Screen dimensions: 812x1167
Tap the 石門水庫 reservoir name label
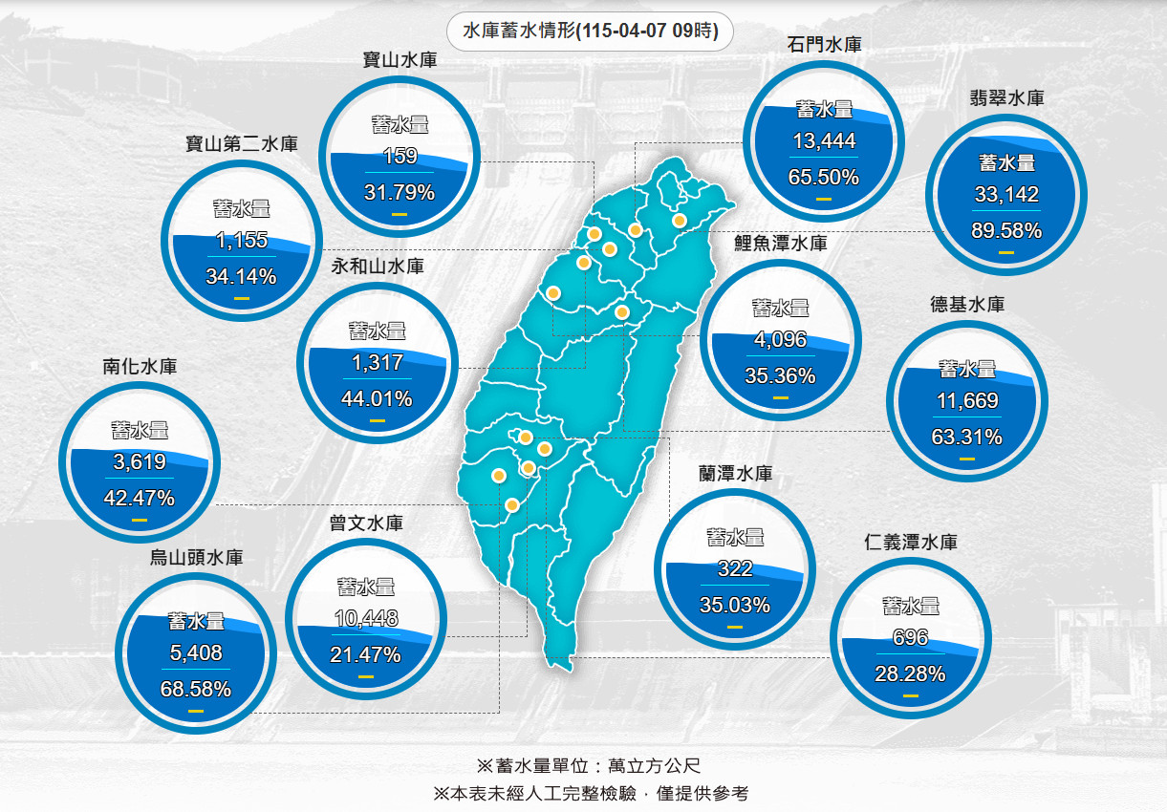[x=826, y=44]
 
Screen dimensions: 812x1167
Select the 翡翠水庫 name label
[x=1005, y=97]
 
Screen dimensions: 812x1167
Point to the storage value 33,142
[x=1006, y=195]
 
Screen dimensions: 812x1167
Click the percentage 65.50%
[x=824, y=177]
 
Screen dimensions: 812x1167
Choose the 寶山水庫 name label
[x=400, y=59]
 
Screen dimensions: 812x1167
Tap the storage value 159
[x=400, y=156]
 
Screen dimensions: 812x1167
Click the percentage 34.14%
[x=241, y=277]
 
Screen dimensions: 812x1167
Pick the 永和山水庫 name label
[x=377, y=267]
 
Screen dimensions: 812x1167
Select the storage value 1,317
[x=378, y=363]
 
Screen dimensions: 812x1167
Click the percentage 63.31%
[x=966, y=438]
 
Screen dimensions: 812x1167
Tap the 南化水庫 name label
[x=140, y=366]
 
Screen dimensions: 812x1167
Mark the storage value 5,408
[x=195, y=653]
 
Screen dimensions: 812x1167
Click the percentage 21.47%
[x=365, y=655]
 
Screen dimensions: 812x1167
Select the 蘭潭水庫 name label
[x=735, y=473]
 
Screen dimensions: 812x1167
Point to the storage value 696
[x=910, y=638]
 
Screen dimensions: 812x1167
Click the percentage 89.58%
[x=1005, y=230]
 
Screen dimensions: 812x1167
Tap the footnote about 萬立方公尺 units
[x=589, y=765]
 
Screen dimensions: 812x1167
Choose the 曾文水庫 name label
[x=365, y=524]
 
